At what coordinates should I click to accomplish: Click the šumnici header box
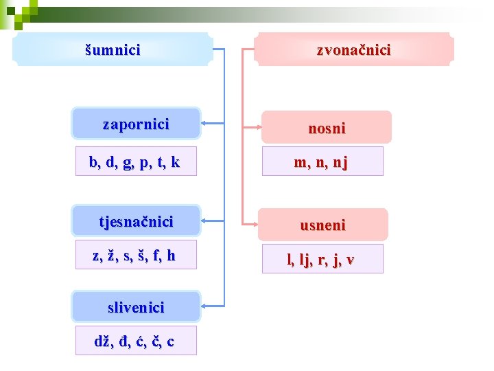coord(113,49)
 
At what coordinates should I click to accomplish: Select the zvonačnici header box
coord(353,49)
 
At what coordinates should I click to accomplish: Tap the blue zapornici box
coord(136,124)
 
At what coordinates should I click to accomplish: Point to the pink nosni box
coord(327,128)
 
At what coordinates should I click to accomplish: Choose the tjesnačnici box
coord(136,221)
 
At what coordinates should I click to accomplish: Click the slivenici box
coord(136,307)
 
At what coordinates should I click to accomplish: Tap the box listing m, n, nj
coord(320,161)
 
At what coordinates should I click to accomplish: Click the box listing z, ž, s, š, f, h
coord(134,255)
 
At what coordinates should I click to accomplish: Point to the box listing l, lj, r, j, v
coord(320,259)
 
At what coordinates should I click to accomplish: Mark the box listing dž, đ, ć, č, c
coord(134,341)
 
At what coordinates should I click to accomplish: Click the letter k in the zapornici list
coord(176,162)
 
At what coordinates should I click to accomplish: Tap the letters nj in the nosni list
coord(340,163)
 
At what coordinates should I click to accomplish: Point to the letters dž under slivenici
coord(102,341)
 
